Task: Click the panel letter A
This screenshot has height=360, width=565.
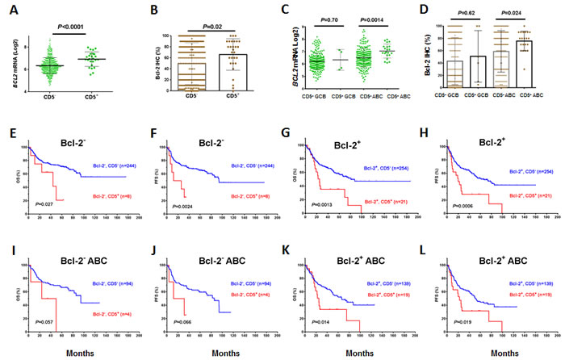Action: click(10, 11)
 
